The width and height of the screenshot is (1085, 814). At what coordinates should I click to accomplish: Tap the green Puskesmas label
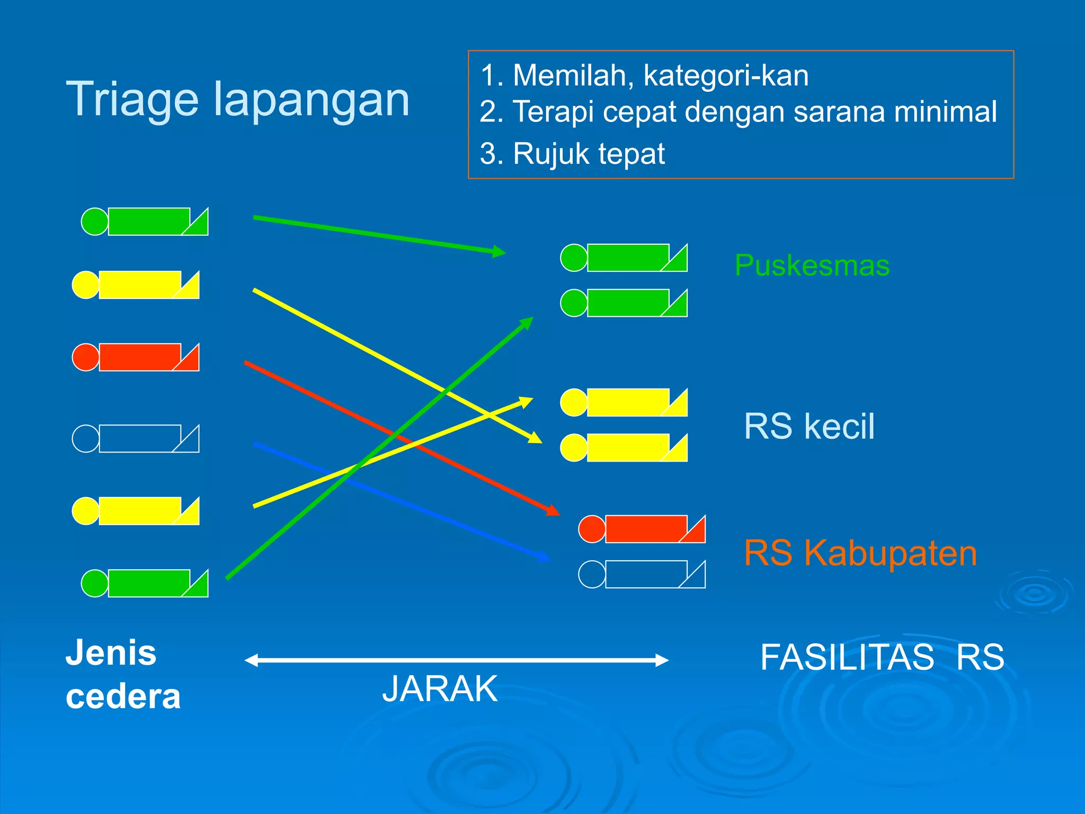(812, 265)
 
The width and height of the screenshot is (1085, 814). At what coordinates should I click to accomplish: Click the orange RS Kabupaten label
(860, 553)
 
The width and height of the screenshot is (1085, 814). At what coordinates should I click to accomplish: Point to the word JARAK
(440, 688)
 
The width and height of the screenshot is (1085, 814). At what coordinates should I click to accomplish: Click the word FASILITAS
(847, 657)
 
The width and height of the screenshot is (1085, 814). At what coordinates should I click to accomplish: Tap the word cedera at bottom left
(123, 696)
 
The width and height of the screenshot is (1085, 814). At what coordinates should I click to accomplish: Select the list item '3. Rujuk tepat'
(572, 154)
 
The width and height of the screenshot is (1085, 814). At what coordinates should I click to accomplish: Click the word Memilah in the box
(572, 75)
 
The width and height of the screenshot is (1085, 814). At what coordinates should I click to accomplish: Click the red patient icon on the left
(136, 357)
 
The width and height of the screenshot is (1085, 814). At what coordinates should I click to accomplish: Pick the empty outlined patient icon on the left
(136, 438)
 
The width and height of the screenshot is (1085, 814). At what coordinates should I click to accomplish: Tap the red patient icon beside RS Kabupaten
(642, 529)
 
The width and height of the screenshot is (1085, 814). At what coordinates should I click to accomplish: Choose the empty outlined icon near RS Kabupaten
(642, 574)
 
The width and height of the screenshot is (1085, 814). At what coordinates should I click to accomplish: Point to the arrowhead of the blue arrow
(545, 557)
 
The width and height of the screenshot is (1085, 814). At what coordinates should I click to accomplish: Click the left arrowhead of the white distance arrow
(250, 660)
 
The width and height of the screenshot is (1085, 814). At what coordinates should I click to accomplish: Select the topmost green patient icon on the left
(145, 222)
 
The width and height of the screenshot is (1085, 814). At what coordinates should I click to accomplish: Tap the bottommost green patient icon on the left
(145, 583)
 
